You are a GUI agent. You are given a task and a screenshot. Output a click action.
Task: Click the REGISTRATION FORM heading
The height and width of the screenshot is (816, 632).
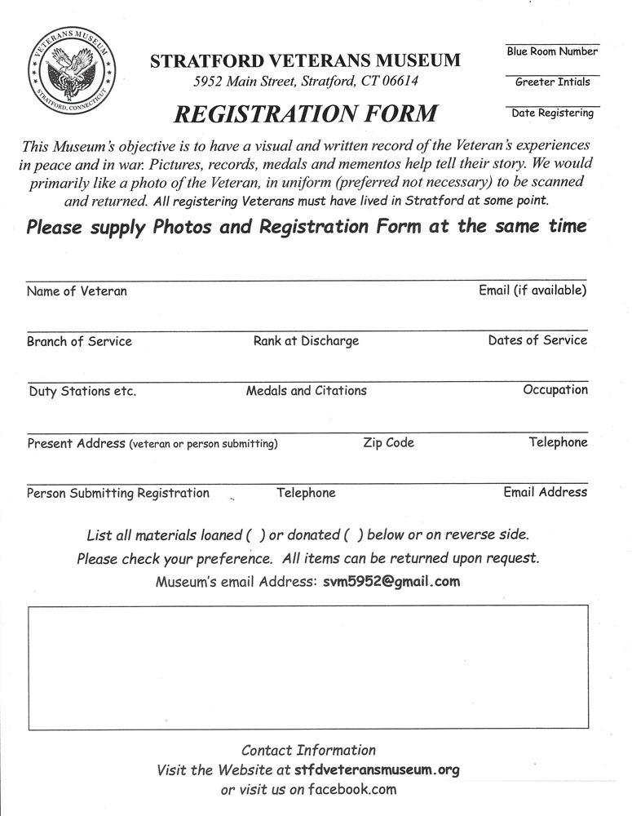click(304, 113)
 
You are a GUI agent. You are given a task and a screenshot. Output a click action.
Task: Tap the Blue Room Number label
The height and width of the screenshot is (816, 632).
click(552, 51)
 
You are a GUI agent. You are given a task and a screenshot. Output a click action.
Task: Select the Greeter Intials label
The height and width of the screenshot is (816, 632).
click(552, 82)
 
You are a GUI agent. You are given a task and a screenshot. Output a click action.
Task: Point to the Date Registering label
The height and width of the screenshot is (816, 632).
click(552, 113)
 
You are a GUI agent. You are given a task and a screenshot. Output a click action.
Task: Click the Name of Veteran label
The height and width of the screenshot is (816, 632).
click(77, 290)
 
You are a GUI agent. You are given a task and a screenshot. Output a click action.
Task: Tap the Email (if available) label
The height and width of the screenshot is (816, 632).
click(533, 290)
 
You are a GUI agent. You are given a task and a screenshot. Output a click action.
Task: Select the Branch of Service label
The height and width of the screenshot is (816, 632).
click(79, 341)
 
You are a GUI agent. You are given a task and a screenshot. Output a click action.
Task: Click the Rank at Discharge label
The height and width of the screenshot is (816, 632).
click(306, 341)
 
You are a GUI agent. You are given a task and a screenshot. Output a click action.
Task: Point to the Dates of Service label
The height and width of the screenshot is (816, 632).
click(537, 340)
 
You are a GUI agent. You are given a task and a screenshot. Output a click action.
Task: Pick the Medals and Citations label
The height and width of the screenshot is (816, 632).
click(306, 391)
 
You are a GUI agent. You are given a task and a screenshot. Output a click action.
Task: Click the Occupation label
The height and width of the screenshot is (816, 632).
click(555, 390)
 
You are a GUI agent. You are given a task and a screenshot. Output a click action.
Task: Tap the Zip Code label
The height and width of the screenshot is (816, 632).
click(388, 442)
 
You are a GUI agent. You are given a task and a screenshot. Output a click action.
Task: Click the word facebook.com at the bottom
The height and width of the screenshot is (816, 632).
click(352, 789)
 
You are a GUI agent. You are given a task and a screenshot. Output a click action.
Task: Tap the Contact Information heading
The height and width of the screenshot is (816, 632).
click(308, 750)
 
